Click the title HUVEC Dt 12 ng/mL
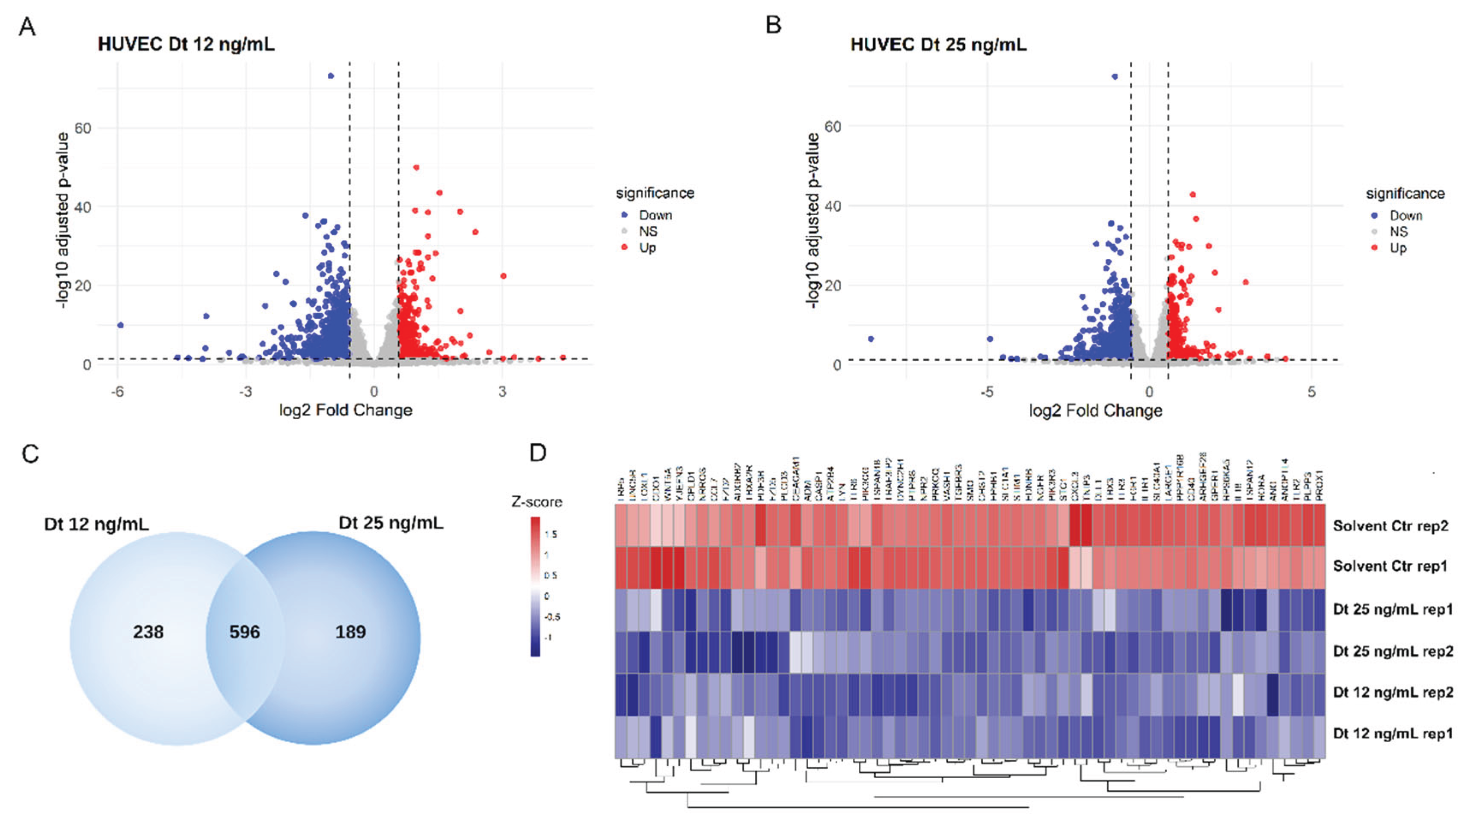coord(186,44)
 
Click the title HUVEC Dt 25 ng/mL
coord(938,44)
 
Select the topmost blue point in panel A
coord(331,75)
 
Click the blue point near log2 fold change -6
coord(120,325)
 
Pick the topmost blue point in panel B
coord(1115,77)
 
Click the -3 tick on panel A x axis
coord(245,391)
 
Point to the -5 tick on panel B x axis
coord(987,391)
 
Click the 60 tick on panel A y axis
coord(83,128)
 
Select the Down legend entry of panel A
coord(655,215)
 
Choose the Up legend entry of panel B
coord(1397,248)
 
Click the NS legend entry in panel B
coord(1398,231)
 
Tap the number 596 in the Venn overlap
coord(245,631)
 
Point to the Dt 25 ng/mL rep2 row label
coord(1393,651)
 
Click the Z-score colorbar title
coord(537,501)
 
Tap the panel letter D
coord(537,453)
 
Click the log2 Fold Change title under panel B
coord(1095,410)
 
